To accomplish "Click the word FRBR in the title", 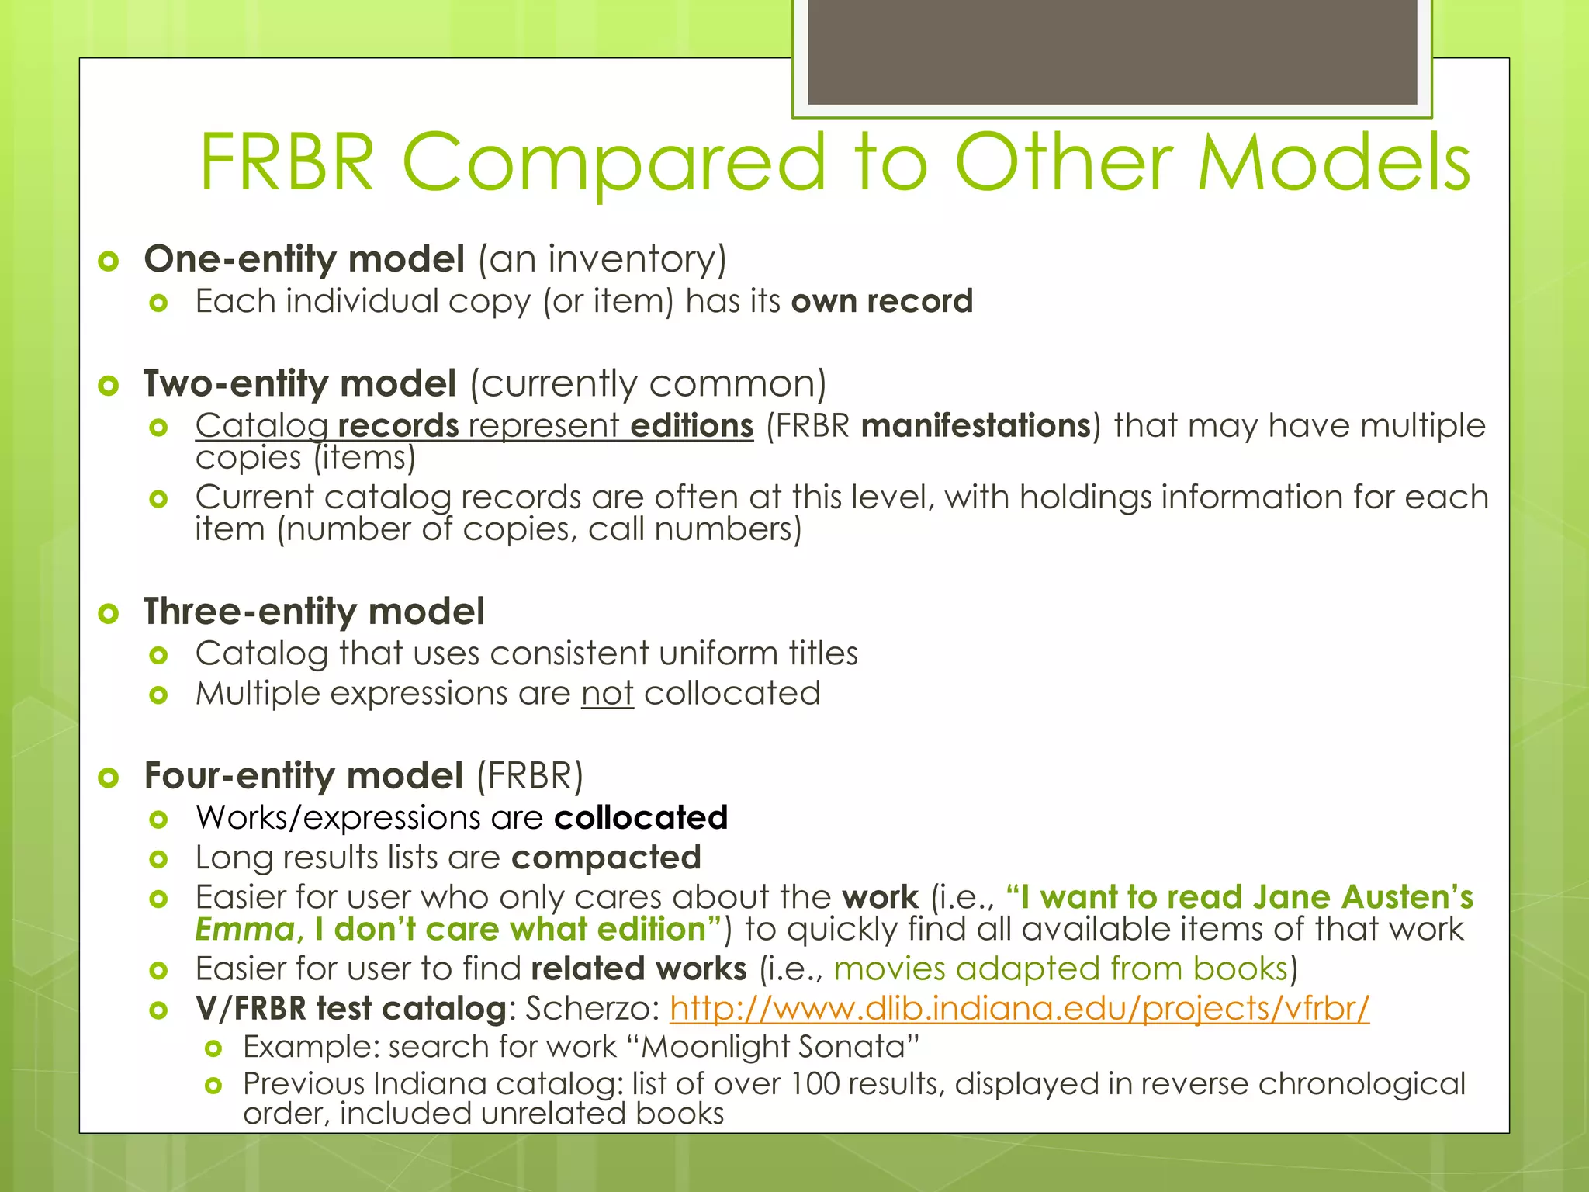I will [x=287, y=163].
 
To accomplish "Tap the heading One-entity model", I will [x=304, y=259].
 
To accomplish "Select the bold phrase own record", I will [x=881, y=301].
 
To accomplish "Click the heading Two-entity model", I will [x=299, y=384].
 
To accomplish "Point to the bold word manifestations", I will [x=976, y=426].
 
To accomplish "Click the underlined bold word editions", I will [x=691, y=426].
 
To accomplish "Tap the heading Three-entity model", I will [x=314, y=612].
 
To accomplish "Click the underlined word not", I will [x=607, y=694].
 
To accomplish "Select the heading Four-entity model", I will [x=303, y=776].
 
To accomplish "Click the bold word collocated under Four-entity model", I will [x=641, y=818].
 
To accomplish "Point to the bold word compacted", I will [x=606, y=858].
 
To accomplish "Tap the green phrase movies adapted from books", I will [x=1061, y=969].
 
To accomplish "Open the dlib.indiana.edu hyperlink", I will [x=1019, y=1009].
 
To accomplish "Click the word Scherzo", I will [x=592, y=1009].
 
